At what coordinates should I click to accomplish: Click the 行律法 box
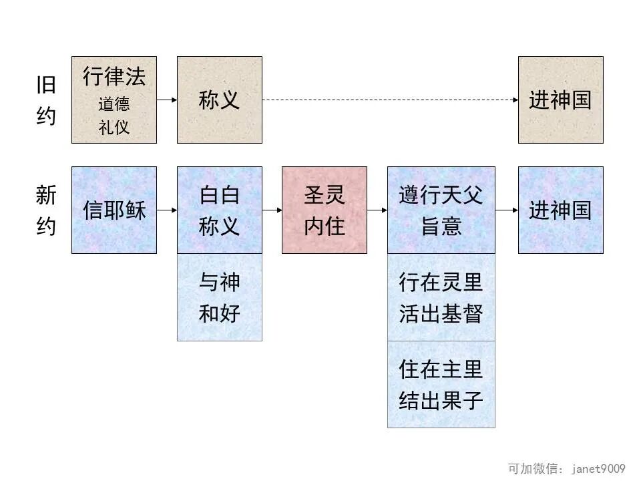tap(114, 100)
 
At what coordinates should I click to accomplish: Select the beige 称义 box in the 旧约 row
tap(219, 100)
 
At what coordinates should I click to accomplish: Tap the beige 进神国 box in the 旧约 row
tap(560, 100)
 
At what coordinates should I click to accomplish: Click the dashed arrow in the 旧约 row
tap(390, 100)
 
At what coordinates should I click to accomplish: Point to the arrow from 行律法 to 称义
tap(167, 100)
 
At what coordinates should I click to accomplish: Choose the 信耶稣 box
tap(114, 210)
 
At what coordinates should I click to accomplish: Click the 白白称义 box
tap(219, 210)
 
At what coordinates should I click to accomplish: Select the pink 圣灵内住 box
tap(325, 210)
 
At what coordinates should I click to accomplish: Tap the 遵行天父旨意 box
tap(441, 210)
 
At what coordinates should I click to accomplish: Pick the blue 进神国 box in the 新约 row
tap(560, 210)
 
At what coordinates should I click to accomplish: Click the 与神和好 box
tap(219, 297)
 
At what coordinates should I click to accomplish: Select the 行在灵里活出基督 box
tap(441, 297)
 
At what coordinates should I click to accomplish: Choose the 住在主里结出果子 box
tap(441, 384)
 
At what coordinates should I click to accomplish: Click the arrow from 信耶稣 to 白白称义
tap(167, 210)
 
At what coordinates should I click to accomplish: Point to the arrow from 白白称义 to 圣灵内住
tap(272, 210)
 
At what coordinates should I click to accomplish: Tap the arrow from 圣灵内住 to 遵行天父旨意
tap(377, 210)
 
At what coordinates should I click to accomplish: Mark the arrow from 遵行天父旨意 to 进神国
tap(507, 210)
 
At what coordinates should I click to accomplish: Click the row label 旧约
tap(46, 100)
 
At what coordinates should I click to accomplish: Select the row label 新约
tap(46, 211)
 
